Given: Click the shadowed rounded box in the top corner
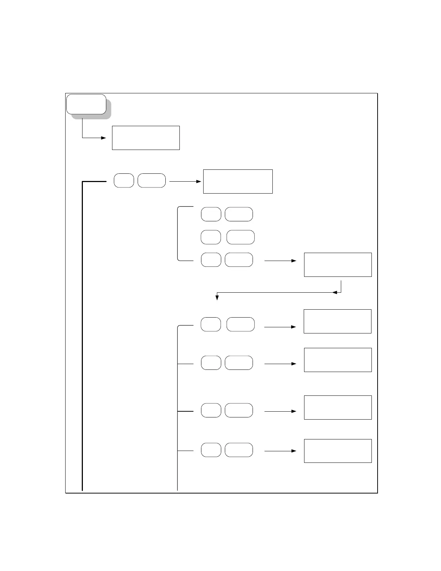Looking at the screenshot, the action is [x=86, y=105].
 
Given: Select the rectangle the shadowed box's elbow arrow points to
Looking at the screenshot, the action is [x=146, y=138].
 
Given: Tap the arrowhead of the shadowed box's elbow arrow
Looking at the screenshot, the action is [x=104, y=138].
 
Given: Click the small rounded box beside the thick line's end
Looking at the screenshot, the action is [x=124, y=180].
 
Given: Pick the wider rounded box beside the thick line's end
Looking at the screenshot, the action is [x=152, y=180].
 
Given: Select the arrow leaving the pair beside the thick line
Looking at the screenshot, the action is [x=185, y=181].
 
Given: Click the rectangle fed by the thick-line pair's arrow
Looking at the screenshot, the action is [x=238, y=181].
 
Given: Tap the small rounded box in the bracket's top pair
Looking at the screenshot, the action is [x=211, y=214].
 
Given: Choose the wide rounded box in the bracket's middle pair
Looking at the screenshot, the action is [x=240, y=237].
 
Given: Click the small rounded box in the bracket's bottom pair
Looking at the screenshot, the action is [x=211, y=260].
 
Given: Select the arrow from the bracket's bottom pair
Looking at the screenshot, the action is [x=280, y=261].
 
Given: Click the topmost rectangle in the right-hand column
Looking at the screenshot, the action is [x=338, y=265].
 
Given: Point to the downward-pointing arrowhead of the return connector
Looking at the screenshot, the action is [x=217, y=297].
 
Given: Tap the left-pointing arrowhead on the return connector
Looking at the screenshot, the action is [x=335, y=292].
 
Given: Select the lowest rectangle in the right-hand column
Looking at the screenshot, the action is [x=338, y=451].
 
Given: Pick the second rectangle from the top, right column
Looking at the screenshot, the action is [x=337, y=321].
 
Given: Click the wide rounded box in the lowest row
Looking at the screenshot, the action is [x=239, y=450].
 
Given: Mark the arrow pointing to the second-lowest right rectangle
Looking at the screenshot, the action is [x=280, y=411].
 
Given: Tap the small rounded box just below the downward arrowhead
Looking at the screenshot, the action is [x=211, y=324].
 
